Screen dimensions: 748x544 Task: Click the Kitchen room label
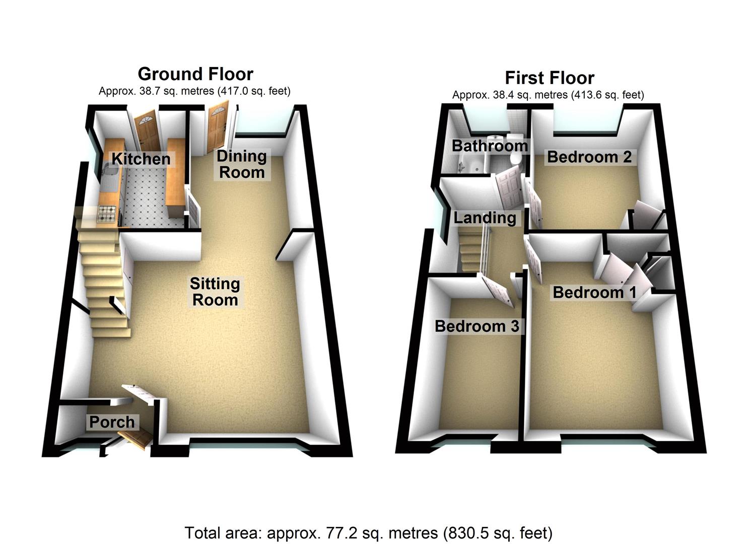coord(141,159)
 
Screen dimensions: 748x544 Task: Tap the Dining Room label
coord(242,164)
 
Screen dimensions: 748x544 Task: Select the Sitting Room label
coord(215,292)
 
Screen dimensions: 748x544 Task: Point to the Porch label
coord(112,422)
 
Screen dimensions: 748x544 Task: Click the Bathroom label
coord(490,146)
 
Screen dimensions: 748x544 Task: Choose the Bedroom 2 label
coord(589,157)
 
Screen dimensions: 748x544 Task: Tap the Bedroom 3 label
coord(477,326)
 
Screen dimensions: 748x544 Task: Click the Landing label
coord(485,218)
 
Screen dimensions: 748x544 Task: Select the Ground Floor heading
coord(195,74)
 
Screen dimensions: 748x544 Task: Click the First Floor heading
coord(550,78)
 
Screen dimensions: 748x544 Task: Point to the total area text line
coord(368,532)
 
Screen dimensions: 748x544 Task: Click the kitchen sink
coord(109,177)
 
